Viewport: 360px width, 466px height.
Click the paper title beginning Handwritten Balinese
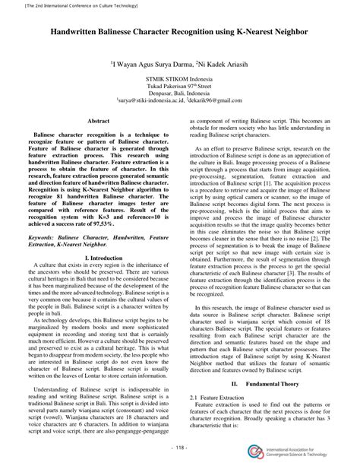click(x=179, y=34)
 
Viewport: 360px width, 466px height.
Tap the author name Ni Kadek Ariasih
click(x=221, y=64)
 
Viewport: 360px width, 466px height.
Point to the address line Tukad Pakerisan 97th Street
click(x=179, y=85)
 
